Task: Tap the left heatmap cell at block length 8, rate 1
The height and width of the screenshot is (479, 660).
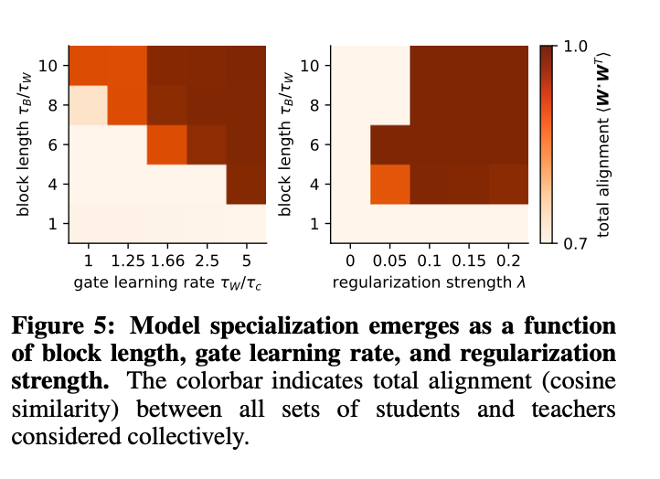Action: (x=88, y=104)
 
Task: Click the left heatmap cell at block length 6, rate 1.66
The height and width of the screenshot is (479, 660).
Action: (x=167, y=144)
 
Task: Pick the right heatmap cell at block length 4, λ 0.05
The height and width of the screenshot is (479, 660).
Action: (x=390, y=184)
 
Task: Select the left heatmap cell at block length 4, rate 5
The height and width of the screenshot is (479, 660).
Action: (x=246, y=184)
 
